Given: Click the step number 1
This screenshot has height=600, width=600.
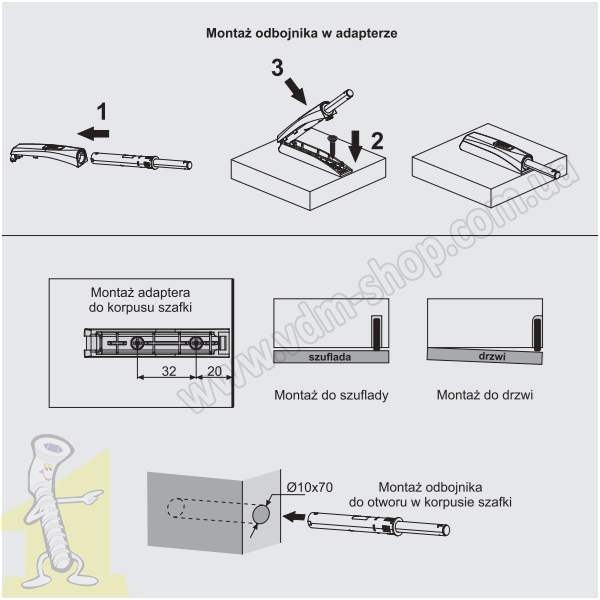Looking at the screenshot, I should point(100,110).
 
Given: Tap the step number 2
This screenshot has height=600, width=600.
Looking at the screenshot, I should point(376,140).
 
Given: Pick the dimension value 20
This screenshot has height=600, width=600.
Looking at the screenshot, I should point(213,369).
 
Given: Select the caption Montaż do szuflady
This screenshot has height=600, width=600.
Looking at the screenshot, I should point(331,395).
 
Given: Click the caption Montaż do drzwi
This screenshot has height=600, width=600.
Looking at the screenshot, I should point(485,395).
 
